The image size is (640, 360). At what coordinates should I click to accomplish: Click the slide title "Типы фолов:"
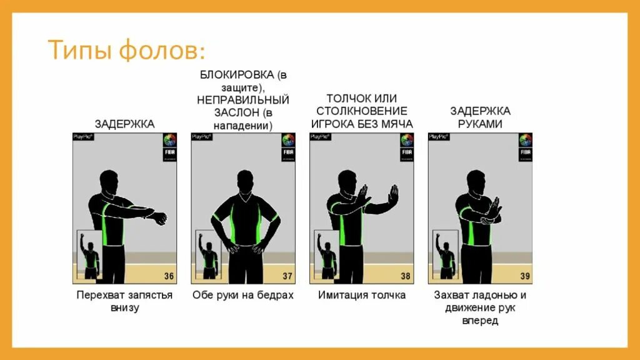pos(127,50)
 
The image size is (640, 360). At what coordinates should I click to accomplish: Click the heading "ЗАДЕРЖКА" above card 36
pos(124,124)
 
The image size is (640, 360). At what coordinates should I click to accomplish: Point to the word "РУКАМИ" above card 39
pos(480,124)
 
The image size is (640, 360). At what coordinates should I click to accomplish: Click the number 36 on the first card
pos(169,276)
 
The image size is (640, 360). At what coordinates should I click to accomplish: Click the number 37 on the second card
pos(287,276)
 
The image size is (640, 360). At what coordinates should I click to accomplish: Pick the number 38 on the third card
pos(406,276)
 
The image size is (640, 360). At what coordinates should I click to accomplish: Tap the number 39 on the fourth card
pos(524,276)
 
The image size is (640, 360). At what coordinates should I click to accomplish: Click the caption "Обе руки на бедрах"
pos(243,295)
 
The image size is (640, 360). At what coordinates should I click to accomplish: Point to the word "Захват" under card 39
pos(452,295)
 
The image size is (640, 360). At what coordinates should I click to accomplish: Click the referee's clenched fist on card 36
pos(161,219)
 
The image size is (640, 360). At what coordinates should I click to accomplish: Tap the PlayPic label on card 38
pos(320,136)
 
